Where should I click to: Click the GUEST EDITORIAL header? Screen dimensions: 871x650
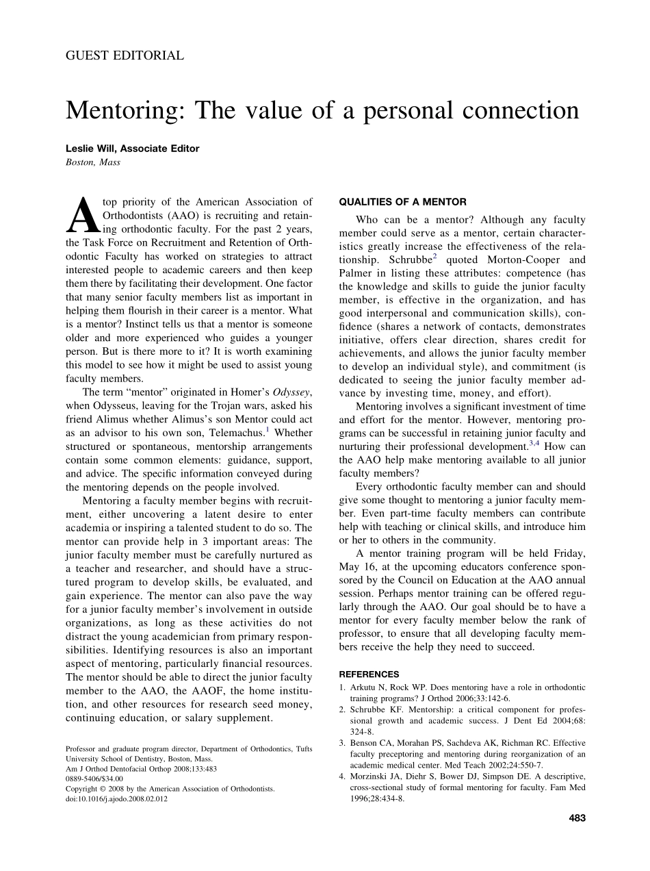click(x=125, y=56)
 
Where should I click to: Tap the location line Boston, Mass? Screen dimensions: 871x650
click(x=93, y=162)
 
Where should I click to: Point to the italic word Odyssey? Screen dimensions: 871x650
click(x=291, y=392)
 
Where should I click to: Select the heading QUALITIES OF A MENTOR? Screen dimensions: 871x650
click(x=403, y=202)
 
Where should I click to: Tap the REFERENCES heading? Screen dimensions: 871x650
click(x=369, y=674)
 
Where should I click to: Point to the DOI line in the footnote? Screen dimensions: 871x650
click(x=116, y=798)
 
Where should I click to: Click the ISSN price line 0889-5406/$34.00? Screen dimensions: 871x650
click(x=94, y=779)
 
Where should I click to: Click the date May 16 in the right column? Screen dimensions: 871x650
click(x=356, y=566)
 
